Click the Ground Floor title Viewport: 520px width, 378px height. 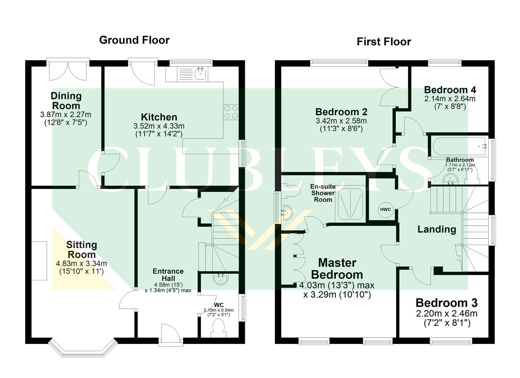[134, 40]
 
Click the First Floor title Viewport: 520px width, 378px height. [383, 42]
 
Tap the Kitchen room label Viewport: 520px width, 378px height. [159, 117]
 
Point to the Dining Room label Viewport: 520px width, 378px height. [66, 100]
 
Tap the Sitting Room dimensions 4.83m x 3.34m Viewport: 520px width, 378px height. [81, 264]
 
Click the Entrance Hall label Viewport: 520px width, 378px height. [168, 275]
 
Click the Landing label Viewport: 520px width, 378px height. [437, 229]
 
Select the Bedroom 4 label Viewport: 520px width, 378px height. [450, 90]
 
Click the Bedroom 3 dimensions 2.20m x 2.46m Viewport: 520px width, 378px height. [446, 314]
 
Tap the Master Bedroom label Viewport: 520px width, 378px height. [337, 268]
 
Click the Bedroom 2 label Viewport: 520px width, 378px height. [341, 112]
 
